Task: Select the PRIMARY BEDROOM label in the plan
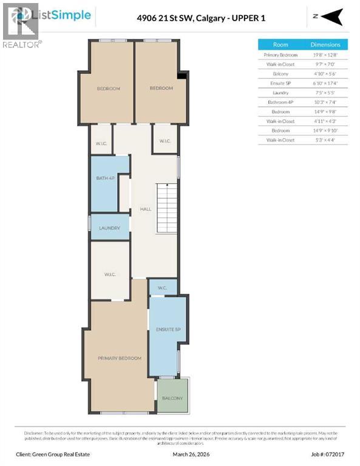[x=120, y=359]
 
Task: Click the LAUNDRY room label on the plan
[x=110, y=228]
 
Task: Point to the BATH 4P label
[x=105, y=178]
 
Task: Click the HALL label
[x=146, y=209]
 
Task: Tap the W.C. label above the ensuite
[x=163, y=288]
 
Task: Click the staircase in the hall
[x=166, y=206]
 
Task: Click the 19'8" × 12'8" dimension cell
[x=325, y=55]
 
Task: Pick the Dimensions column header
[x=325, y=44]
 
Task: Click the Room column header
[x=280, y=44]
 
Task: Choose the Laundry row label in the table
[x=280, y=93]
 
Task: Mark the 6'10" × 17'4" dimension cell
[x=325, y=83]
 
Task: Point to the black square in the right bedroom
[x=180, y=76]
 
